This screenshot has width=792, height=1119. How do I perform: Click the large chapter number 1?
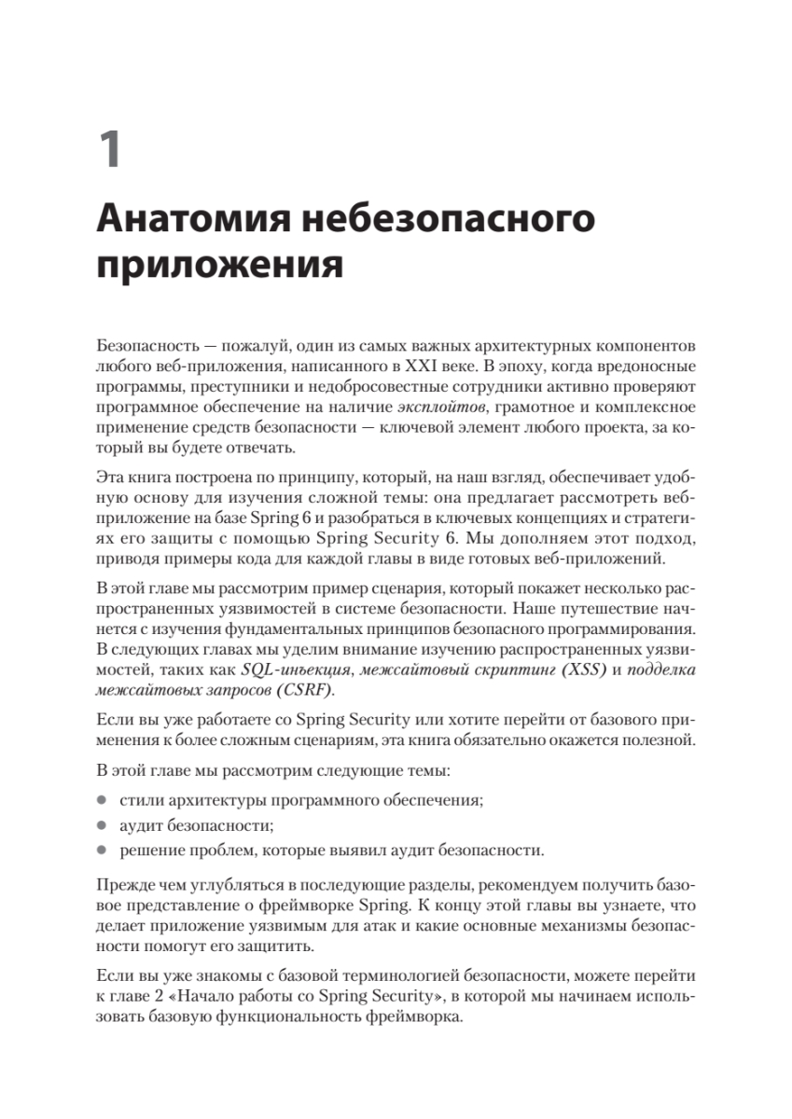click(110, 150)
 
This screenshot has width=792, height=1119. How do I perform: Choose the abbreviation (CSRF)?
click(304, 692)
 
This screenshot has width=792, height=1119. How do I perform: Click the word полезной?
click(659, 740)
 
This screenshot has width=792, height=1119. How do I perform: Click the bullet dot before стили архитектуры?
click(101, 802)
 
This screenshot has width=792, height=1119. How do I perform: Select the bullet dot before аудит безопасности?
click(101, 826)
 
